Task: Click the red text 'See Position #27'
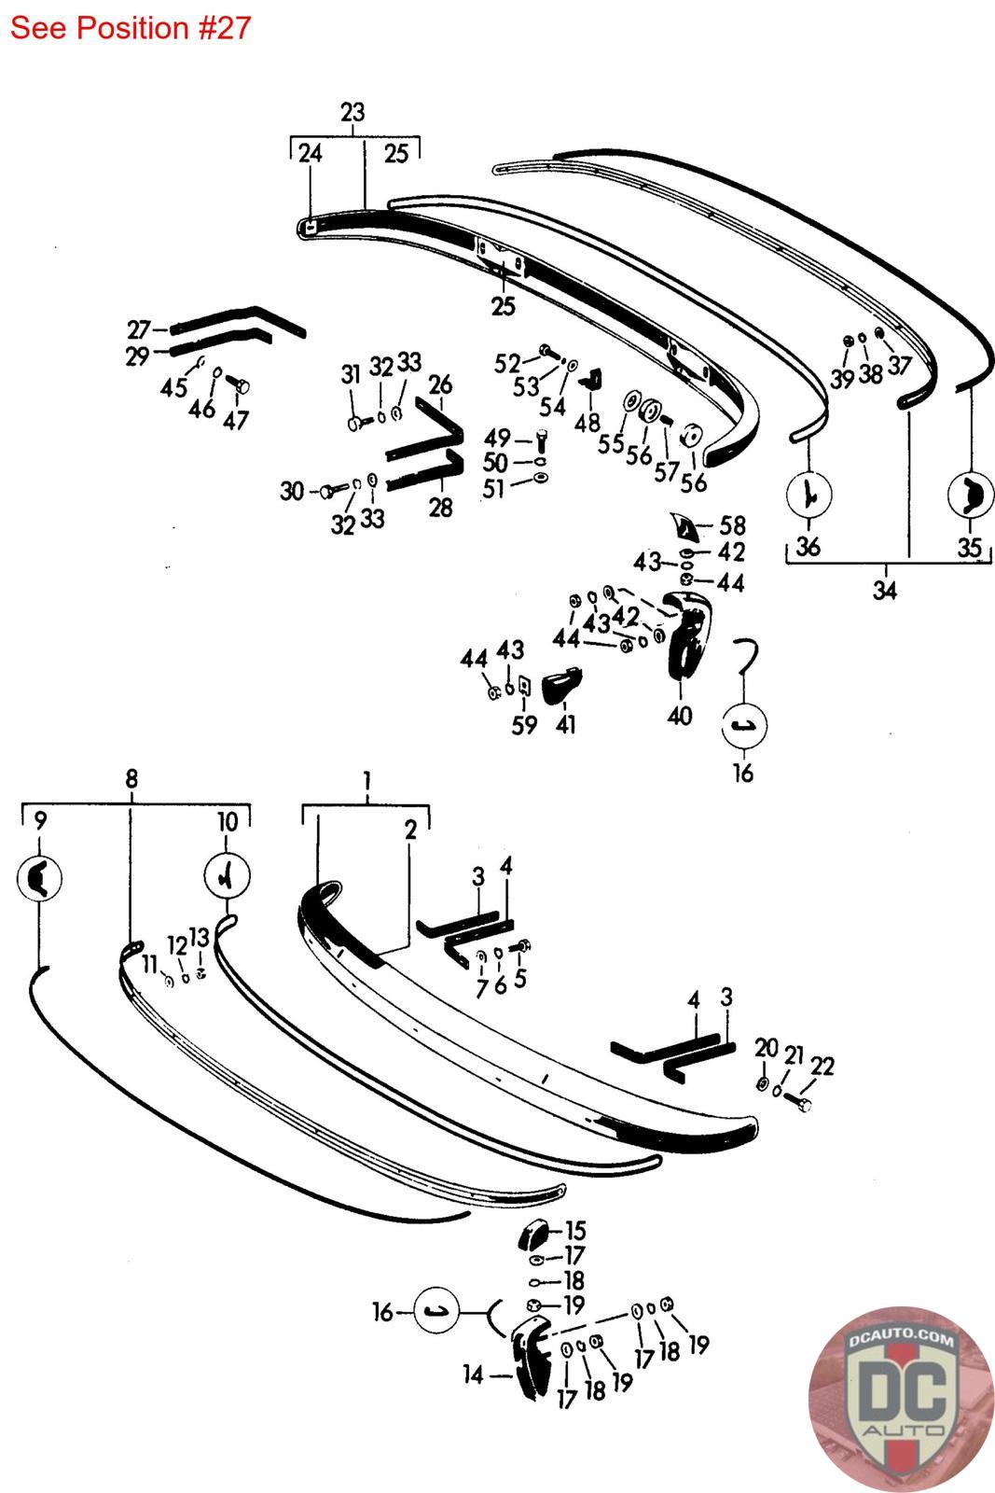[130, 28]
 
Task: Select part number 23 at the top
[352, 112]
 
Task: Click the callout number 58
[733, 526]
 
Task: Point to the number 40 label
[679, 716]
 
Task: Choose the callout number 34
[884, 590]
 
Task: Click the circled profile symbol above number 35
[971, 495]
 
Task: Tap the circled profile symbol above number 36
[809, 494]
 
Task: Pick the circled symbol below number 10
[228, 876]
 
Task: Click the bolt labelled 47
[239, 384]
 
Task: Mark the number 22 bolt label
[822, 1066]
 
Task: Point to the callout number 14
[473, 1374]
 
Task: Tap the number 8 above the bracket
[131, 778]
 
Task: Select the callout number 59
[524, 724]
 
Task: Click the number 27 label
[139, 330]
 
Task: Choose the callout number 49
[498, 439]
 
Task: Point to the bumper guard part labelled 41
[560, 684]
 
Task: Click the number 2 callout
[411, 830]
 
